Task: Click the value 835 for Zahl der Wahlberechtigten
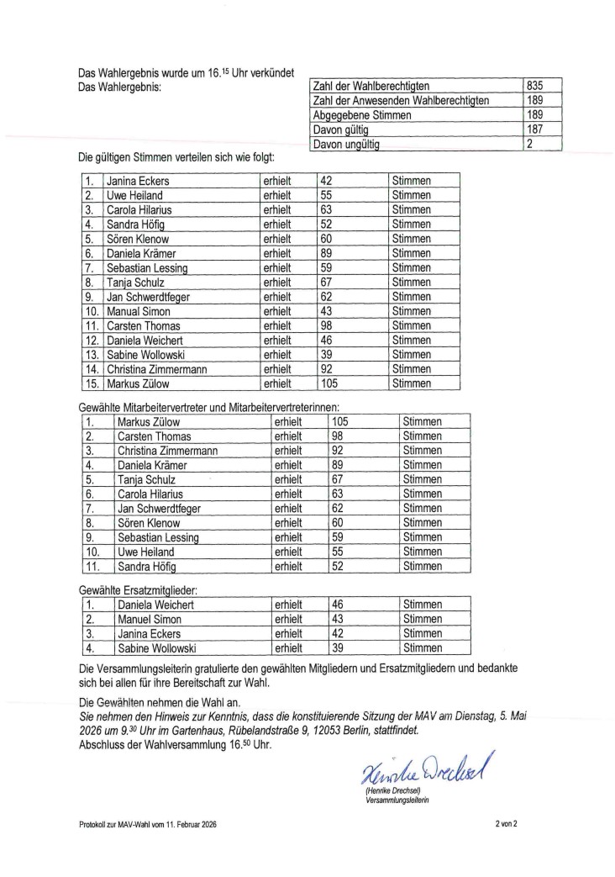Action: tap(534, 86)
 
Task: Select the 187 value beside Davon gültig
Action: tap(534, 129)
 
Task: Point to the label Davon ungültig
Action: tap(345, 145)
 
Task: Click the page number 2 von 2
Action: tap(506, 825)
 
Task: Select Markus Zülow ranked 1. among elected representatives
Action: tap(149, 421)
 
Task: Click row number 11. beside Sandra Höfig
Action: tap(92, 566)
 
